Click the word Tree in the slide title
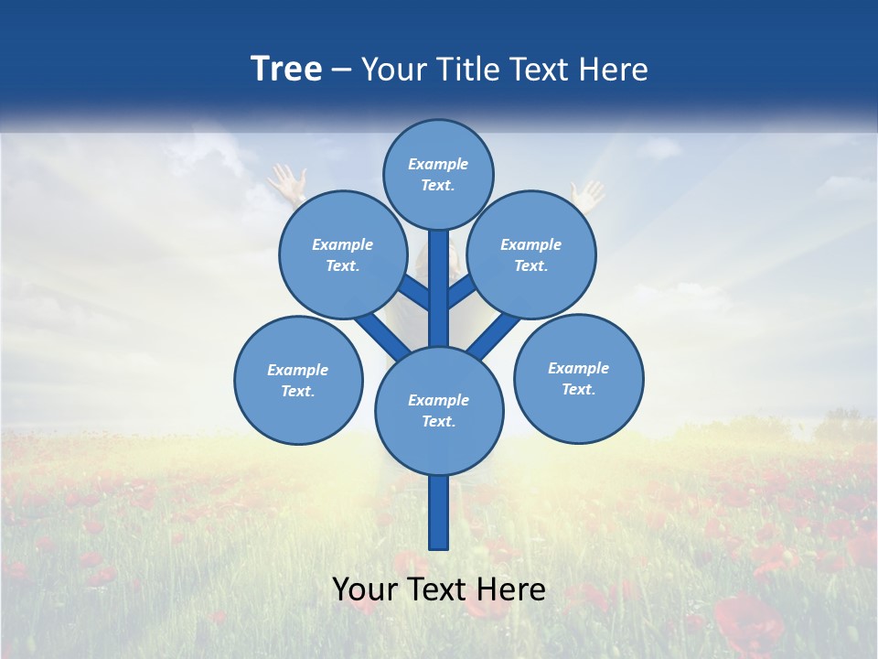[286, 70]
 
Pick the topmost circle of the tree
[438, 174]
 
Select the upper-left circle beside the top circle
[343, 254]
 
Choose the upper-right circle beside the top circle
[531, 254]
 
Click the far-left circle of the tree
[298, 380]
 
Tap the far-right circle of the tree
[579, 378]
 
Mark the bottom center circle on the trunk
[439, 410]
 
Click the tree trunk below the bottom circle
[439, 513]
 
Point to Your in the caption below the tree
[364, 590]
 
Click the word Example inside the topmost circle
[438, 164]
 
